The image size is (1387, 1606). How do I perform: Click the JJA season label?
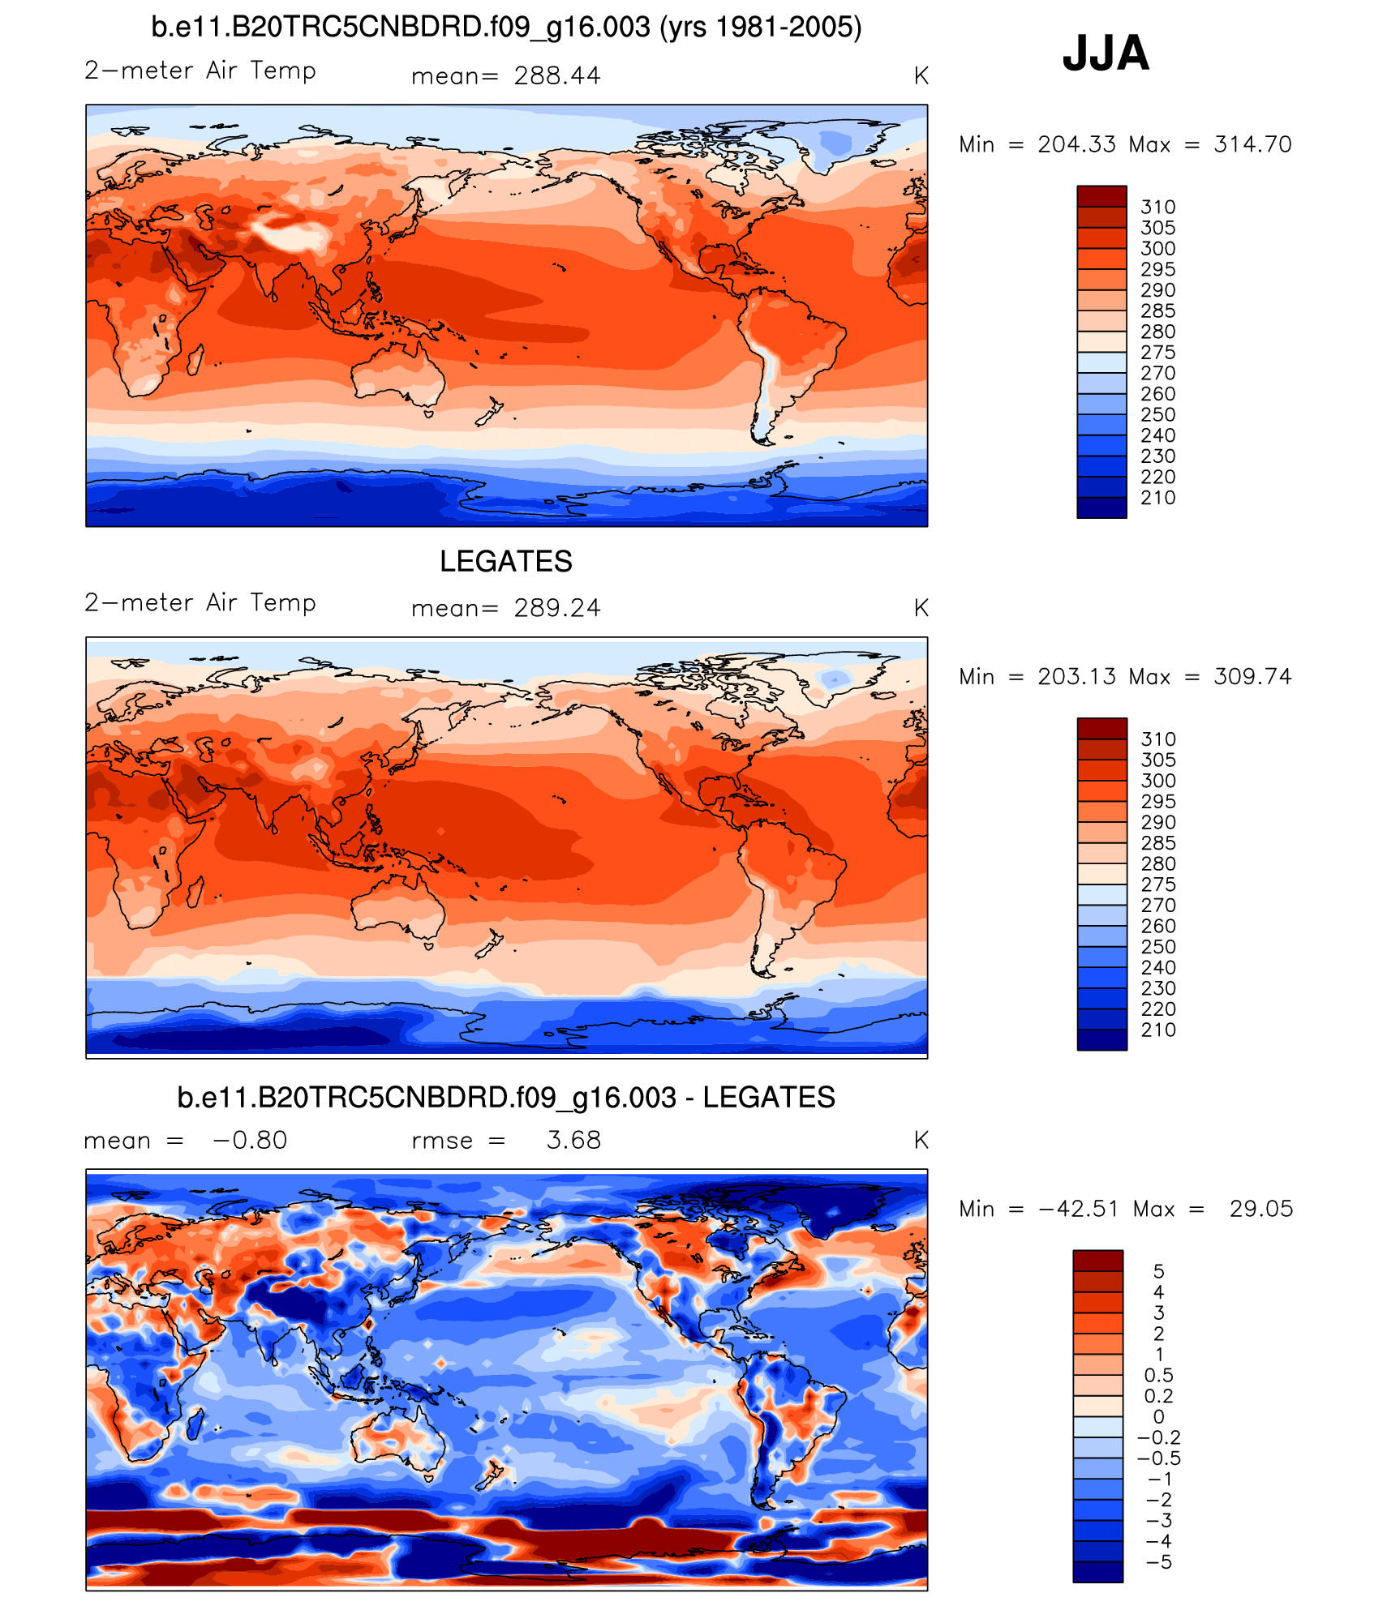click(x=1106, y=54)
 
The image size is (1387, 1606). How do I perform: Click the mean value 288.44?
click(x=557, y=76)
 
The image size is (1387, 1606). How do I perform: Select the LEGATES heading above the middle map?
click(x=506, y=561)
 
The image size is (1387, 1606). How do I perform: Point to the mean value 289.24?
click(x=557, y=608)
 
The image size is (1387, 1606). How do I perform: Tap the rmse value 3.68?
click(x=573, y=1140)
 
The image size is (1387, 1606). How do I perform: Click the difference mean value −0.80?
click(x=250, y=1140)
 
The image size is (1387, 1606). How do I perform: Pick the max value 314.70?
click(x=1252, y=144)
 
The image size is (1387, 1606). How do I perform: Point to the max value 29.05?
click(x=1261, y=1209)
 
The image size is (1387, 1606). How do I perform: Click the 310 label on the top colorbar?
click(x=1157, y=208)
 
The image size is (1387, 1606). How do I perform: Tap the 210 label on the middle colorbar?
click(x=1157, y=1030)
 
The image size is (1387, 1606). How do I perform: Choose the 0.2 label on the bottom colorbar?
click(x=1158, y=1395)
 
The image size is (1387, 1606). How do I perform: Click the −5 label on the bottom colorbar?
click(x=1160, y=1561)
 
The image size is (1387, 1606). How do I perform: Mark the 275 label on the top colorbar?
click(x=1157, y=353)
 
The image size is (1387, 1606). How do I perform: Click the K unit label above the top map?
click(x=921, y=76)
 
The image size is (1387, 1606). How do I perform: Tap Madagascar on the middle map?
click(x=195, y=892)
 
